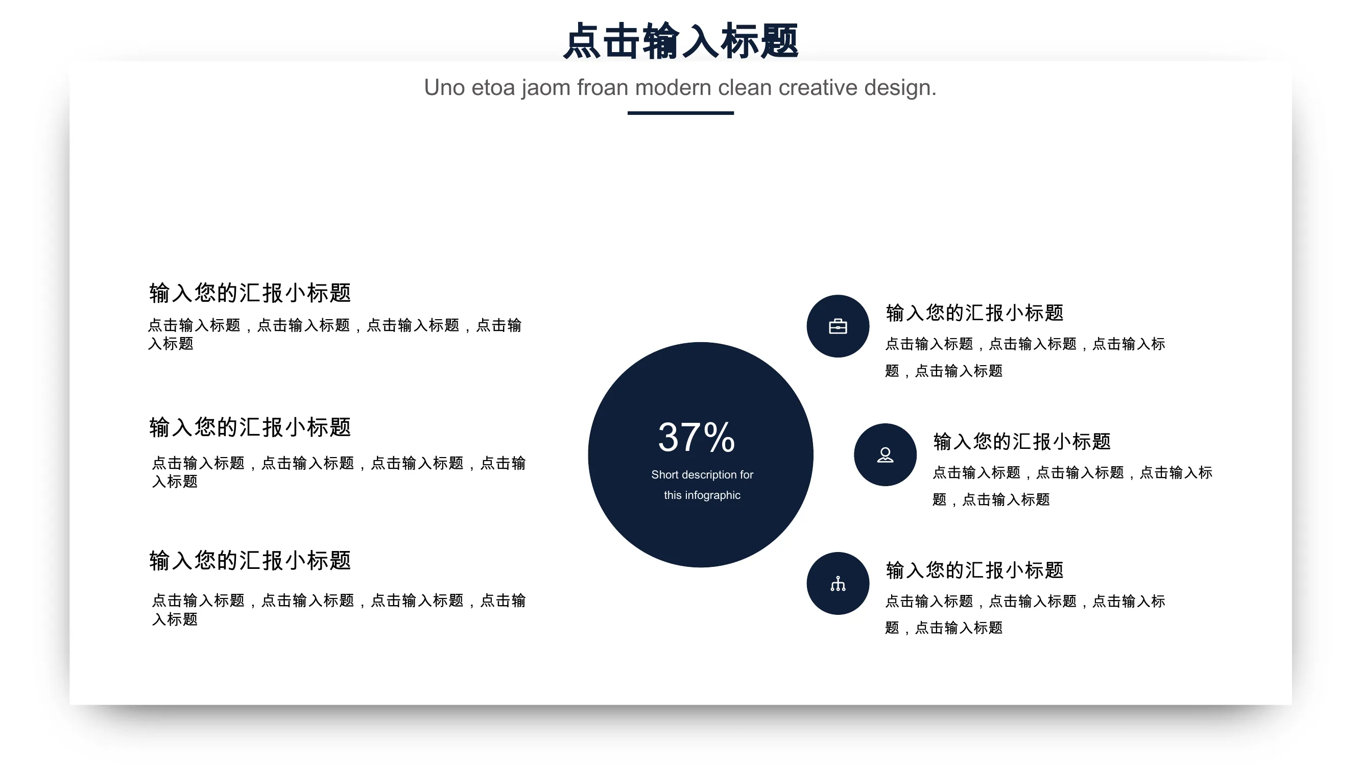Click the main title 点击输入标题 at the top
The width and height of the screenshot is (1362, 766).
[x=680, y=41]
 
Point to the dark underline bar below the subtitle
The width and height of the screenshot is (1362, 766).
[x=680, y=112]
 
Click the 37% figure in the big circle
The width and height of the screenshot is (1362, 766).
[x=697, y=437]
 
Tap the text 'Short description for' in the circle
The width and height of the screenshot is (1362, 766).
[x=702, y=474]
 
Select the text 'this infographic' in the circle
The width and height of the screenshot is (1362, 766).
[x=702, y=495]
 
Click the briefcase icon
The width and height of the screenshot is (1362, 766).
[x=838, y=326]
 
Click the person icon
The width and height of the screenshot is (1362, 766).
[x=885, y=454]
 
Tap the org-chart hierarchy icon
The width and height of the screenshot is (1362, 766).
[x=838, y=583]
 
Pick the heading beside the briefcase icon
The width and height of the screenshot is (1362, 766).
[x=974, y=313]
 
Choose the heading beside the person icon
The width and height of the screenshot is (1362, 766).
[x=1021, y=441]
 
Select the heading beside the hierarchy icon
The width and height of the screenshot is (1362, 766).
[x=974, y=570]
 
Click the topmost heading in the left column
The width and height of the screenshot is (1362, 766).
[x=250, y=292]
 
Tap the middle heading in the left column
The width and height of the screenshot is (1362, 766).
[x=250, y=426]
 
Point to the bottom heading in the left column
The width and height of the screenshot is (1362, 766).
[x=250, y=560]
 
